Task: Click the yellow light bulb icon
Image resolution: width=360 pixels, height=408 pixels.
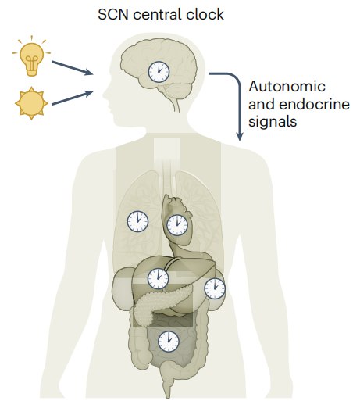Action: pos(31,56)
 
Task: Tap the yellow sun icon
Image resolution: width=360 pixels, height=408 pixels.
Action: pos(31,103)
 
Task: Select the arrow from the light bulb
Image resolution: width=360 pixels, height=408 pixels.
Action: pos(73,68)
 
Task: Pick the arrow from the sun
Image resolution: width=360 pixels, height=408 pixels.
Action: pos(73,98)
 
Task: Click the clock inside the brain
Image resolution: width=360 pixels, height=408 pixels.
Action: pos(159,72)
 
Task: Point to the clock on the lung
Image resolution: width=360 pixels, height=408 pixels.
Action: pos(137,221)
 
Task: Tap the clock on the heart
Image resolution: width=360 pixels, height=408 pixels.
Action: pos(177,225)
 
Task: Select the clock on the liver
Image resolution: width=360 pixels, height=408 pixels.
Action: pos(158,278)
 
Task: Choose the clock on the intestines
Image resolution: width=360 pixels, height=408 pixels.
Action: pos(169,342)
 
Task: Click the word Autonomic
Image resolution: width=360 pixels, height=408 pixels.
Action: pos(287,87)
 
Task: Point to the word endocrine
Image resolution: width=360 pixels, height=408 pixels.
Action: pos(314,104)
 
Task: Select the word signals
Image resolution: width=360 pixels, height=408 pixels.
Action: pos(273,121)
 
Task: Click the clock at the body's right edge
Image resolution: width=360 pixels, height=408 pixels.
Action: pos(215,288)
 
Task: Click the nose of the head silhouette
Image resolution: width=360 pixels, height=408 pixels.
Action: pos(105,95)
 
